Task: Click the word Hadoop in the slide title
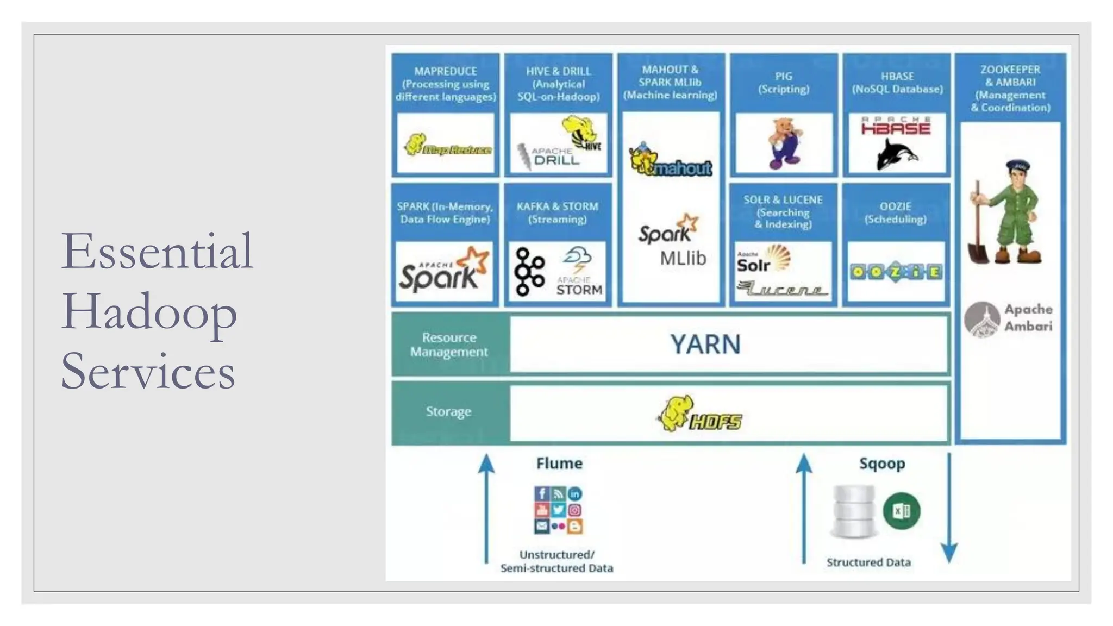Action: [149, 312]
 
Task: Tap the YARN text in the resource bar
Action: [705, 345]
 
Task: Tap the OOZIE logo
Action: [896, 272]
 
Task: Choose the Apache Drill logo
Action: [549, 157]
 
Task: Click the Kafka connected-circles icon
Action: [529, 271]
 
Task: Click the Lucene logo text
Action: [782, 289]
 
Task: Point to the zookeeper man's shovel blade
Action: [978, 253]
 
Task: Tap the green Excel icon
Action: [901, 511]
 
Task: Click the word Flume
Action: [559, 464]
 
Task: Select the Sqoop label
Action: [881, 464]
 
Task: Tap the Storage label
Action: [448, 411]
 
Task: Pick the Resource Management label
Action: [449, 345]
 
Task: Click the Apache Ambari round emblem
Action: [982, 320]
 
